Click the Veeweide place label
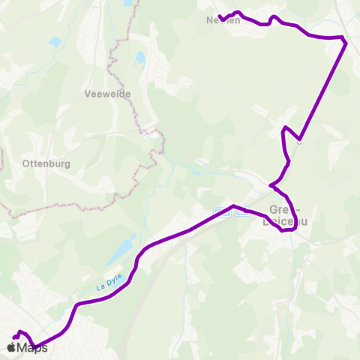click(109, 94)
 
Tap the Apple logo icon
click(11, 347)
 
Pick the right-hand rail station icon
click(241, 211)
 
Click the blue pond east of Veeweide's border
click(140, 58)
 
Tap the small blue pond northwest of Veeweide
click(55, 42)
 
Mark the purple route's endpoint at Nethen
click(220, 16)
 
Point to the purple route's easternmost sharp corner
click(345, 43)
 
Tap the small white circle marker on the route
click(299, 139)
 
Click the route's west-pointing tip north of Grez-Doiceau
click(271, 184)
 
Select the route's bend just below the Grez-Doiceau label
click(282, 230)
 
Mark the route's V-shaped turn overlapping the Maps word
click(34, 347)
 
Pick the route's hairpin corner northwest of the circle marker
click(283, 130)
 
